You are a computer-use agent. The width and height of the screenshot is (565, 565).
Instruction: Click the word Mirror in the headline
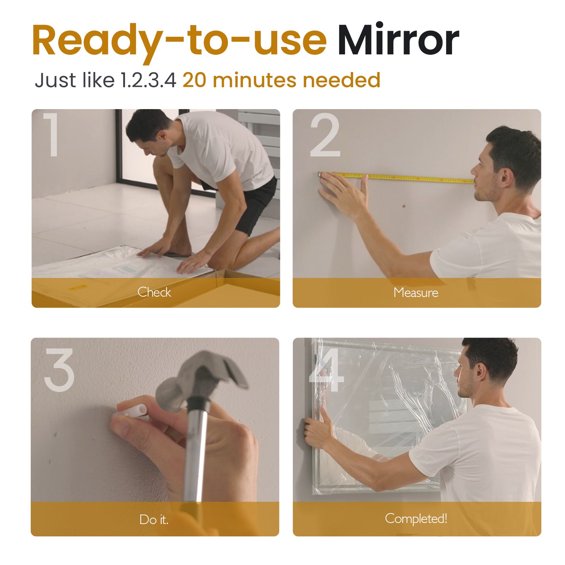[398, 40]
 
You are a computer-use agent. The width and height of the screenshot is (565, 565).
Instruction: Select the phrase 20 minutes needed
[281, 80]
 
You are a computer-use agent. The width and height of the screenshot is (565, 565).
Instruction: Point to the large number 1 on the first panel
[52, 135]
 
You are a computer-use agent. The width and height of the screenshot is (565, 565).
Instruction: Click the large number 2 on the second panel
[325, 135]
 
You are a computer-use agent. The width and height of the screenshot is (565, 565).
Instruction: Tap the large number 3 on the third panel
[59, 370]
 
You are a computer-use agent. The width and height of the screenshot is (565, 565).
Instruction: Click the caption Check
[154, 292]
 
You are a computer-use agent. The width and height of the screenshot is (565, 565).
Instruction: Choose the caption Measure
[416, 292]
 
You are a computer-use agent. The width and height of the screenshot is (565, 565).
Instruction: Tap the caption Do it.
[154, 519]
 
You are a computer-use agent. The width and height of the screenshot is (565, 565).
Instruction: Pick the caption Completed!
[416, 518]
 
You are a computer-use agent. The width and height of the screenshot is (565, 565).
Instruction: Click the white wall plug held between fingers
[131, 411]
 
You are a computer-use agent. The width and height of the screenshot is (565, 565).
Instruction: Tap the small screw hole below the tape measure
[405, 205]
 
